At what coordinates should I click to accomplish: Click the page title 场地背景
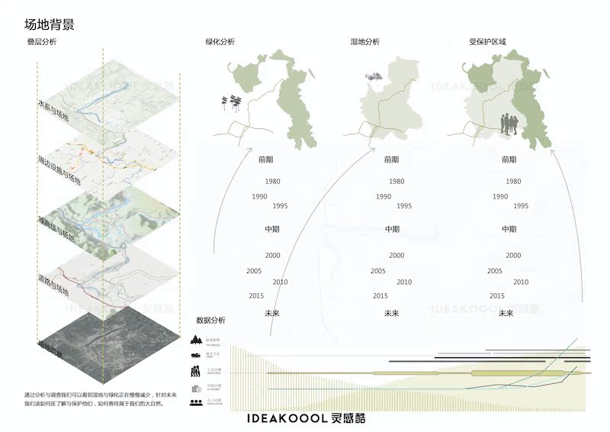click(49, 24)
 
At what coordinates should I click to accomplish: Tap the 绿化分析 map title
click(220, 41)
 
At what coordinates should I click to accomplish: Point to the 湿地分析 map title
click(364, 41)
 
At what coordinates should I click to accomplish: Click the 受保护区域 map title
click(487, 41)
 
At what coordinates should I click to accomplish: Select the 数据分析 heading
click(210, 320)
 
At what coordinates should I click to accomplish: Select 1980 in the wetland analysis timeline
click(396, 182)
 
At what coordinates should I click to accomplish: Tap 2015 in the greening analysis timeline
click(256, 295)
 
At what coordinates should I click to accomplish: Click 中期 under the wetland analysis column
click(392, 229)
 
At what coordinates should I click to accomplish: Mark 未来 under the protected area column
click(508, 313)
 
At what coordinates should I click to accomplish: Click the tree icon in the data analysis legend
click(195, 340)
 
